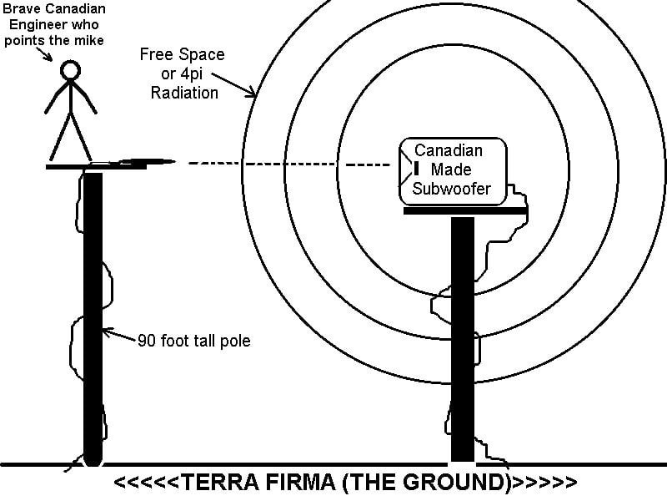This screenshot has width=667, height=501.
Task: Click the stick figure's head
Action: click(69, 72)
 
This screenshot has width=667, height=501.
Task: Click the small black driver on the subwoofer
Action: click(414, 170)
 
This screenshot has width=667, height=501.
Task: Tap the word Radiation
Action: click(184, 93)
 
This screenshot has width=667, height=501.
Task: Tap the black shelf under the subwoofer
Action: click(464, 211)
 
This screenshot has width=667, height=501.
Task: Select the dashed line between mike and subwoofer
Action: click(292, 164)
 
